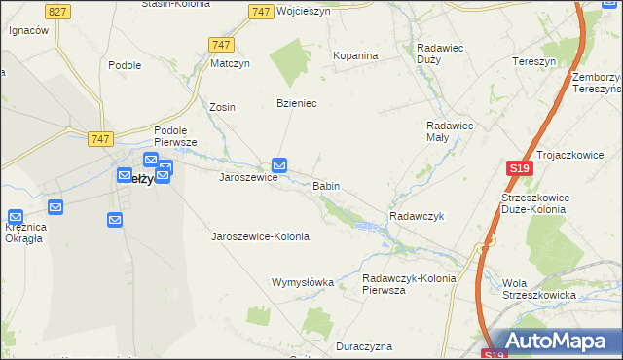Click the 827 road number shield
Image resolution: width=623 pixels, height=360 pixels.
[x=57, y=11]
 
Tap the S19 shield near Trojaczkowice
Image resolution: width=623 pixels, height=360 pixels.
[x=518, y=168]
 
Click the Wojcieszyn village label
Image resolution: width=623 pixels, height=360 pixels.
[x=304, y=12]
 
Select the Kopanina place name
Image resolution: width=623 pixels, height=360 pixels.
[x=355, y=55]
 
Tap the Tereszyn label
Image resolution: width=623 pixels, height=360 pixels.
[x=533, y=60]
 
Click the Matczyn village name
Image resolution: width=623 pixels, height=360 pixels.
[x=232, y=64]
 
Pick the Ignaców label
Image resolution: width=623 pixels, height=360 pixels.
[x=28, y=30]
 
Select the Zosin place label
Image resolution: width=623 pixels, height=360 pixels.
[x=223, y=107]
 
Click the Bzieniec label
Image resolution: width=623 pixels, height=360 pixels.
[x=298, y=103]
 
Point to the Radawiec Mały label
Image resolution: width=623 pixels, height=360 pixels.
[x=450, y=130]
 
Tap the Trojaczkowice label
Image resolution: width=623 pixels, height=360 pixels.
[x=570, y=155]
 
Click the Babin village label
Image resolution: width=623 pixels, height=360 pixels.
[x=325, y=185]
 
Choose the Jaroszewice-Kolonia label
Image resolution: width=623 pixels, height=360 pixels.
[x=260, y=236]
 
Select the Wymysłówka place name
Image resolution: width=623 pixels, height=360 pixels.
[x=302, y=282]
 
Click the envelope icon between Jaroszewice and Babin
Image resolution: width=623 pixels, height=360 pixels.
[x=280, y=166]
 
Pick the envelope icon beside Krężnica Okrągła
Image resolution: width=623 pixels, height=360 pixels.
[x=17, y=218]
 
